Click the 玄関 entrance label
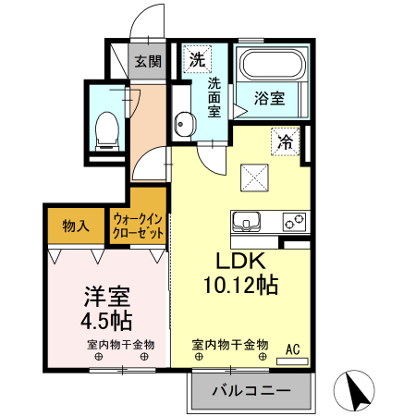pyautogui.click(x=148, y=63)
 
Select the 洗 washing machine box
pyautogui.click(x=196, y=60)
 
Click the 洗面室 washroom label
pyautogui.click(x=214, y=97)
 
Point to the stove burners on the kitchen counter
pyautogui.click(x=295, y=222)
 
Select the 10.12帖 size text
pyautogui.click(x=240, y=285)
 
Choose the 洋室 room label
pyautogui.click(x=106, y=298)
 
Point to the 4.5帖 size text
pyautogui.click(x=106, y=322)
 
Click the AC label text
pyautogui.click(x=293, y=349)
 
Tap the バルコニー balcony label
pyautogui.click(x=251, y=391)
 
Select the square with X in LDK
pyautogui.click(x=253, y=175)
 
